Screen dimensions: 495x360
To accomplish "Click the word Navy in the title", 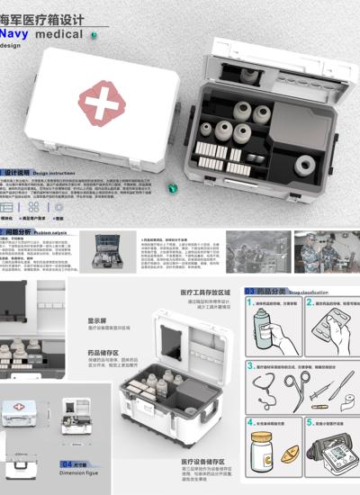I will pyautogui.click(x=19, y=32).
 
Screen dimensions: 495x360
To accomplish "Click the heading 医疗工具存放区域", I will pyautogui.click(x=205, y=293).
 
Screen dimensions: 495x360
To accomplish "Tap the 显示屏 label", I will pyautogui.click(x=97, y=319).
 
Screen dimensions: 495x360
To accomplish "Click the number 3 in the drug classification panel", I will pyautogui.click(x=249, y=365).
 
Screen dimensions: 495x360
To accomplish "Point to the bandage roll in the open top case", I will pyautogui.click(x=305, y=165).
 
